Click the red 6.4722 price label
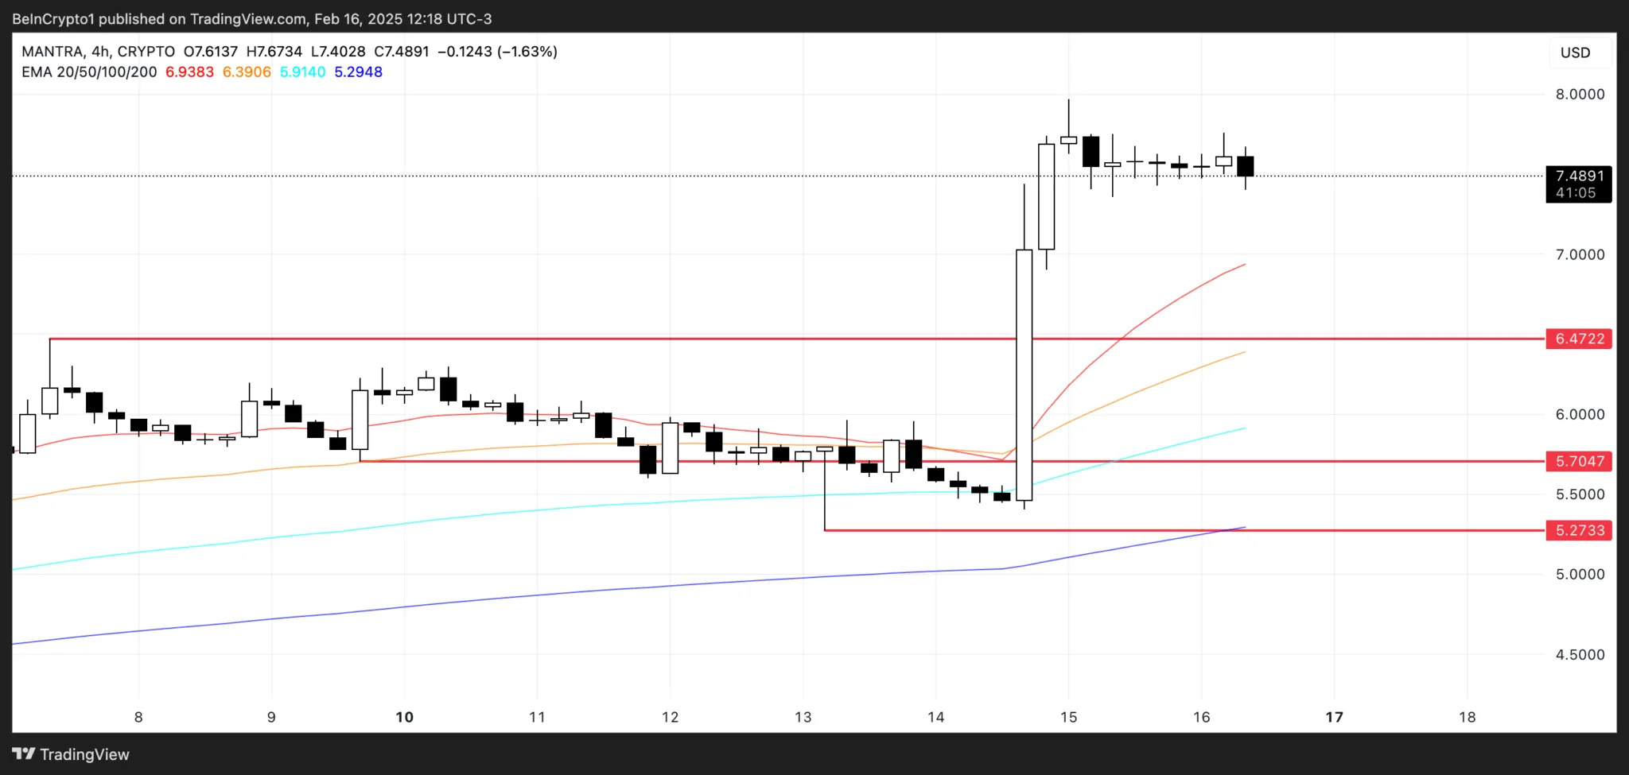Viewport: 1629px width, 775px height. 1579,339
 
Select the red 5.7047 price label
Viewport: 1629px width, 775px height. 1579,461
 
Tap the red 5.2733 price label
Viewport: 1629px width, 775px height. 1579,530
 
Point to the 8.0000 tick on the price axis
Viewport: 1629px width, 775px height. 1580,94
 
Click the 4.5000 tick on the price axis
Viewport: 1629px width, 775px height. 1580,655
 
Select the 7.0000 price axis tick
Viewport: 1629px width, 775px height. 1580,254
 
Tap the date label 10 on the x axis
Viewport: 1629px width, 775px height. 404,717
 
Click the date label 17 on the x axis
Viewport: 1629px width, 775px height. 1334,717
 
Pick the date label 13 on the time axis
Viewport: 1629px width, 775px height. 803,717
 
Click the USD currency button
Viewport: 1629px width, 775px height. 1575,52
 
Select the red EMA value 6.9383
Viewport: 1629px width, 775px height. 189,72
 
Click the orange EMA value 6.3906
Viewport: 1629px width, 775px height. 247,72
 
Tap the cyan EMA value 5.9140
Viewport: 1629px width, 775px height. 302,72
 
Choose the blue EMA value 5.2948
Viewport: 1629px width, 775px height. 358,72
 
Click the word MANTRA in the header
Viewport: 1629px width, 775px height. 52,52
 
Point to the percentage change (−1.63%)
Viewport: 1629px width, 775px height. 527,52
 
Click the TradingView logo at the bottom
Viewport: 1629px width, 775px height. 71,754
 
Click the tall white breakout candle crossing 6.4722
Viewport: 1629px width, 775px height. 1024,374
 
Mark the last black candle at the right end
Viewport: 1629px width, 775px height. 1245,166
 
